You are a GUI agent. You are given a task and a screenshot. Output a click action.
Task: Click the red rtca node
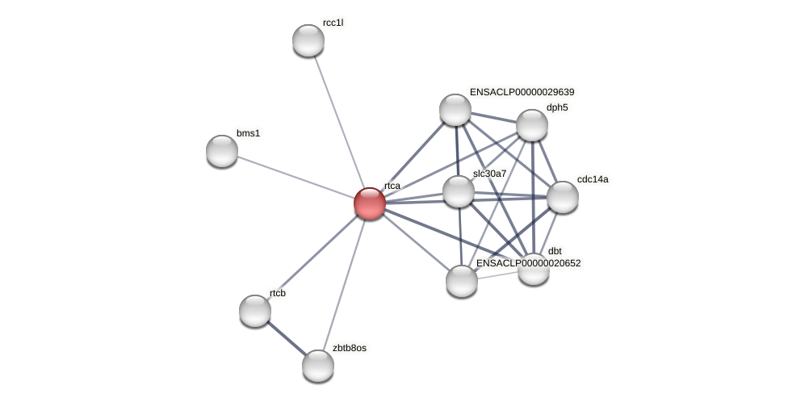click(370, 203)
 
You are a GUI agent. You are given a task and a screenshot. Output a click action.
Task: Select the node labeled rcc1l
click(308, 40)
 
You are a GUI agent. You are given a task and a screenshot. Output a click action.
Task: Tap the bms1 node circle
click(222, 151)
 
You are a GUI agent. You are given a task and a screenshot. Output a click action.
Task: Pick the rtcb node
click(255, 311)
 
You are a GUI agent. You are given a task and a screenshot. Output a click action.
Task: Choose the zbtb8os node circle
click(318, 366)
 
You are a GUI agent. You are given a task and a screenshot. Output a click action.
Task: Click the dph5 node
click(532, 125)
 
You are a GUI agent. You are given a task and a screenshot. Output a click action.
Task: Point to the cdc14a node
click(563, 197)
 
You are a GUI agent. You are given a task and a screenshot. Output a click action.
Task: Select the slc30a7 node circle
click(459, 191)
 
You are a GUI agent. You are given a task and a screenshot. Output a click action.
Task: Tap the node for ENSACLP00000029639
click(455, 110)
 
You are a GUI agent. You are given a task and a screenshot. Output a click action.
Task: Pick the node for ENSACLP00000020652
click(462, 281)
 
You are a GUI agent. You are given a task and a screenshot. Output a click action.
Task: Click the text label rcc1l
click(333, 23)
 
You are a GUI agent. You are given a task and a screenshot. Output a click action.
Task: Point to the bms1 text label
click(248, 133)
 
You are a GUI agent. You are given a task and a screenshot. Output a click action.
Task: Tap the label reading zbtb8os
click(349, 348)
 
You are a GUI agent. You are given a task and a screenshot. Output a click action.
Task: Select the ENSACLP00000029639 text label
click(522, 92)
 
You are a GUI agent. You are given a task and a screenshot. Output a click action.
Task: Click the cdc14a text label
click(593, 179)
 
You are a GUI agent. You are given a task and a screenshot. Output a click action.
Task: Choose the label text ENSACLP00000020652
click(528, 263)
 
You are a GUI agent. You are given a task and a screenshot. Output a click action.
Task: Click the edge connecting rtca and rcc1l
click(339, 122)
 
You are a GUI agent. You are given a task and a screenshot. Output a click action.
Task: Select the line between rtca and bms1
click(295, 177)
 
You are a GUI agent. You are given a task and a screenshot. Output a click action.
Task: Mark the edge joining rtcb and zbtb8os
click(287, 338)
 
